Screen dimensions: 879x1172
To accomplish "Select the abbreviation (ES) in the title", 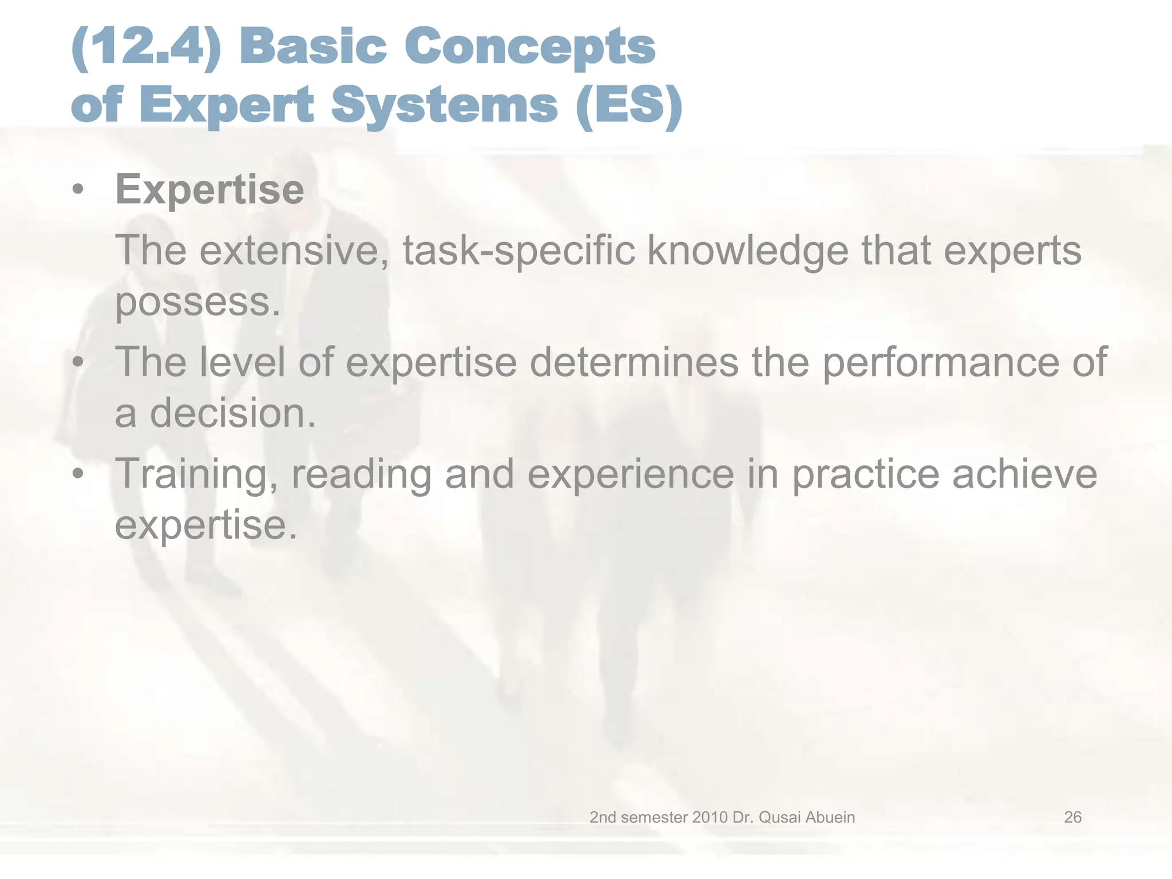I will point(629,105).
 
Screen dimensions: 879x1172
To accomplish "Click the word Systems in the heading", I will point(444,105).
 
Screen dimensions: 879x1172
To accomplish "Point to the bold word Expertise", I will point(209,189).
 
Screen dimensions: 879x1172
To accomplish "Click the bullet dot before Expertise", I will point(78,189).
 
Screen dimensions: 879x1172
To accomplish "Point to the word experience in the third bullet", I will point(631,474).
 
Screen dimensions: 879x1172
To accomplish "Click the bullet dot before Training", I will point(78,474).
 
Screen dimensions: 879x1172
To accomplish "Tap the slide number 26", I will point(1072,817).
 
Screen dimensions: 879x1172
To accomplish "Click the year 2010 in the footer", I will point(710,817).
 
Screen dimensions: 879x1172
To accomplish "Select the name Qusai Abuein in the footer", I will point(806,817).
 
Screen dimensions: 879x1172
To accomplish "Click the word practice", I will point(865,474).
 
